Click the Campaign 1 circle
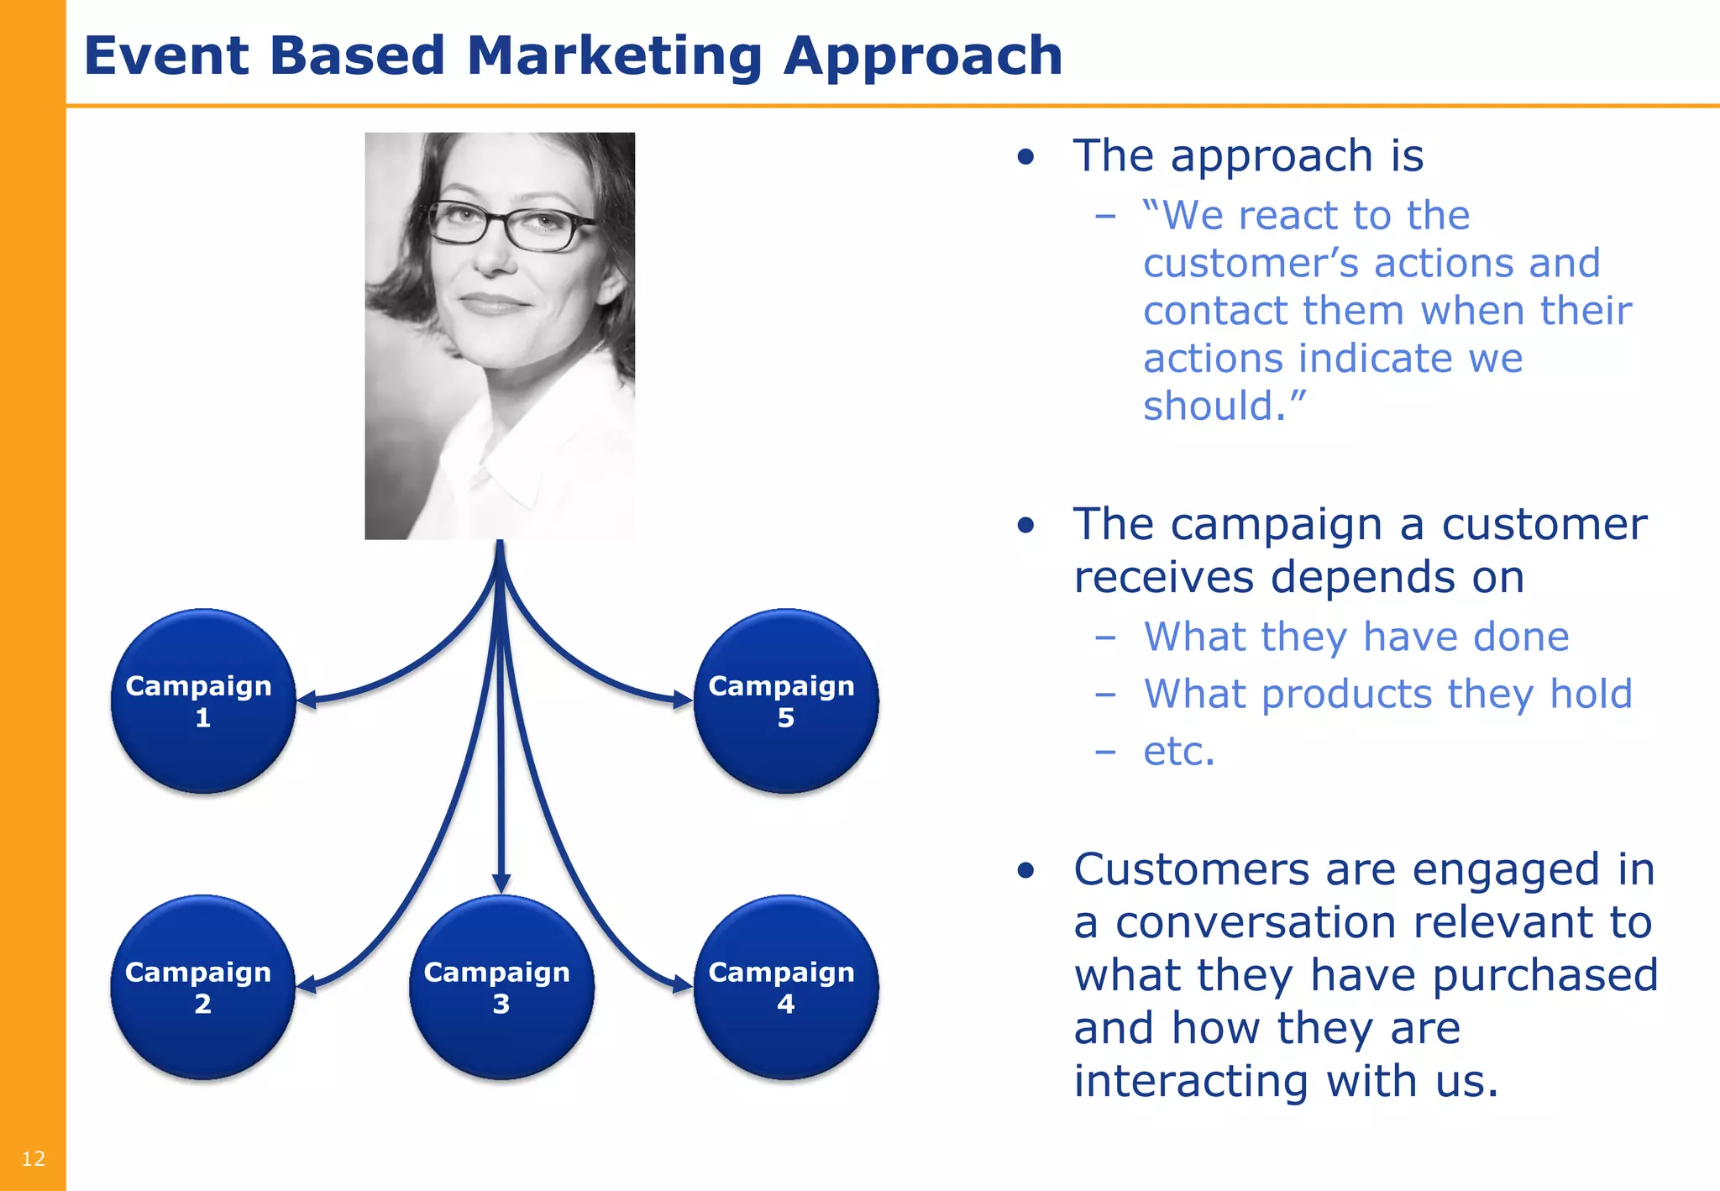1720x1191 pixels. [x=202, y=700]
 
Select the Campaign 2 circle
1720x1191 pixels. [x=202, y=987]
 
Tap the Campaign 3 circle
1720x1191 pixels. [x=501, y=987]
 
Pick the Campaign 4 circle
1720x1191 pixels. [x=785, y=987]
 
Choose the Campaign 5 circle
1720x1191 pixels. [x=785, y=700]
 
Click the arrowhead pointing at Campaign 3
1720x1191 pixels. [x=501, y=884]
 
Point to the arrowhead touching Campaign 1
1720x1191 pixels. [x=307, y=699]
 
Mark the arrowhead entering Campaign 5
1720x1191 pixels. [x=682, y=699]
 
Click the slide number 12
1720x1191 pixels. [x=33, y=1159]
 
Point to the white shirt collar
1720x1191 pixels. [x=504, y=470]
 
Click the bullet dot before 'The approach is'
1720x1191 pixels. [x=1025, y=157]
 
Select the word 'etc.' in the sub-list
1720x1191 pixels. [x=1178, y=751]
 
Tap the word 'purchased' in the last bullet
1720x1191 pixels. [x=1544, y=975]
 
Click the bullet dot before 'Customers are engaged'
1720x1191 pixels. [x=1025, y=870]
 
